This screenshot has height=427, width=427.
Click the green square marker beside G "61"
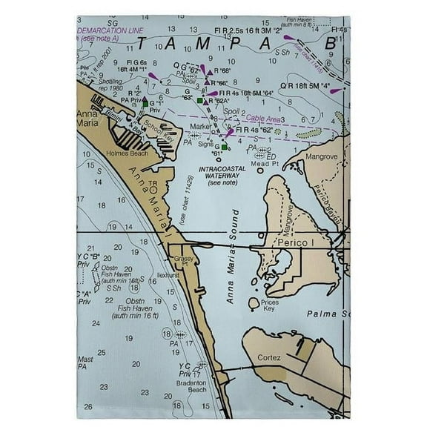(225, 148)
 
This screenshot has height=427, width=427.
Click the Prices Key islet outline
(253, 302)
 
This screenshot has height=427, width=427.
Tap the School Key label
(158, 127)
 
